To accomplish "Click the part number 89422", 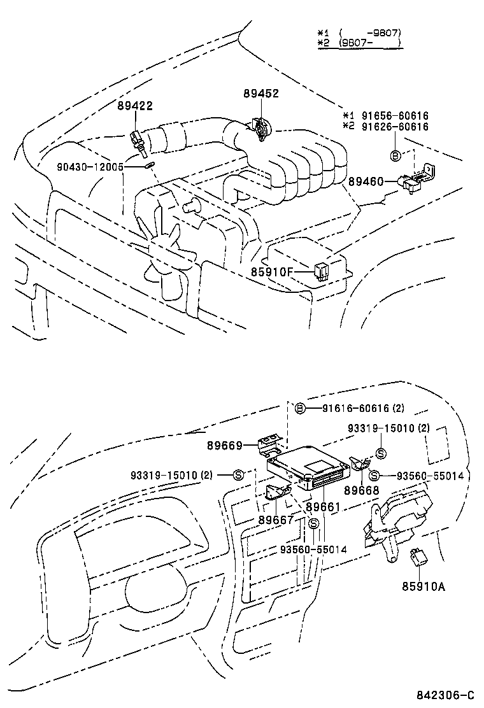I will (x=134, y=106).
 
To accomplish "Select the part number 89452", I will (x=261, y=94).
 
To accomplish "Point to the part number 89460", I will (x=366, y=181).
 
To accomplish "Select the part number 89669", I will (x=225, y=446).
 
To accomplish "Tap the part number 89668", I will (x=362, y=490).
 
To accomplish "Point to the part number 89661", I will (x=325, y=507).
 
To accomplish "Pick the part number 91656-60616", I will (x=395, y=116).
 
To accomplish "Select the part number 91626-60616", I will (x=395, y=127).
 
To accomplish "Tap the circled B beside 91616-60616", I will (x=301, y=408).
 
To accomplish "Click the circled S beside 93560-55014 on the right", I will (x=374, y=475).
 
